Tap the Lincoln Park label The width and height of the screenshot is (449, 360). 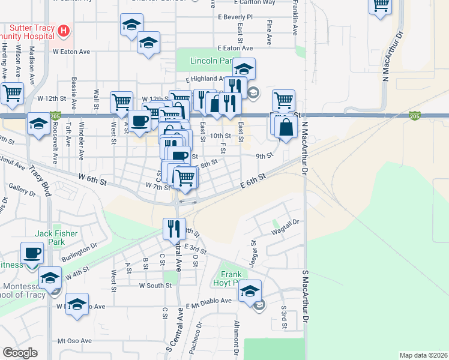(211, 61)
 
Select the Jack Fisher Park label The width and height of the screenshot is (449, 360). (49, 237)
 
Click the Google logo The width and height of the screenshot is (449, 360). (20, 353)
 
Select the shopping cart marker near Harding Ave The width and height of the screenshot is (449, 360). (12, 93)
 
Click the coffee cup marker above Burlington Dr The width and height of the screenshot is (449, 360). (32, 253)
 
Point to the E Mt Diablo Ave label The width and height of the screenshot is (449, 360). (208, 301)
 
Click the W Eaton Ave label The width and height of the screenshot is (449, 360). (71, 52)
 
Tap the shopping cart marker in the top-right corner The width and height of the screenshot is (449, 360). (380, 7)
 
